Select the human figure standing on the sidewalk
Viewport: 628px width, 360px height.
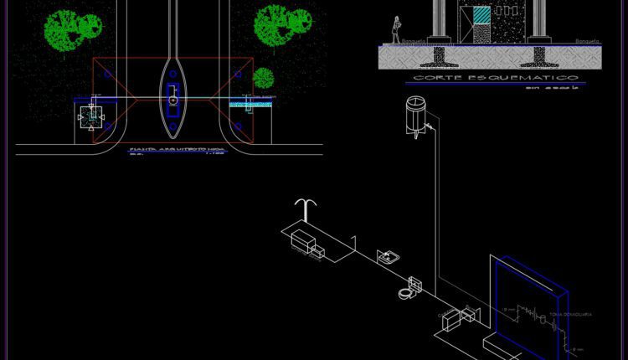coord(395,30)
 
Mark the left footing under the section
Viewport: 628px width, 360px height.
coord(438,54)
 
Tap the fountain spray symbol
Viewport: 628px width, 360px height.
coord(307,209)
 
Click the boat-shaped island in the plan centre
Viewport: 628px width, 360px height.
coord(172,96)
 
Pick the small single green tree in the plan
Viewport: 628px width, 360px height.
coord(264,78)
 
